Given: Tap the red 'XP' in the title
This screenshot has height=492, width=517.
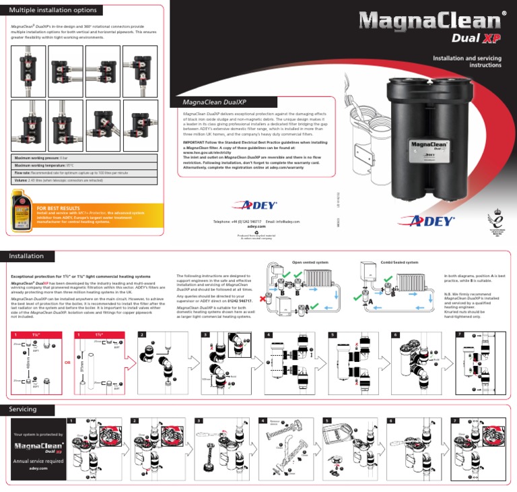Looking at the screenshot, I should (x=494, y=38).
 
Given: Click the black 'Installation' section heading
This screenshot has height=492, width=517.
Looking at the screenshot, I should (x=27, y=256).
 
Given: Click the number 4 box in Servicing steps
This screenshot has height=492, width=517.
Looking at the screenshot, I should (x=262, y=421).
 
